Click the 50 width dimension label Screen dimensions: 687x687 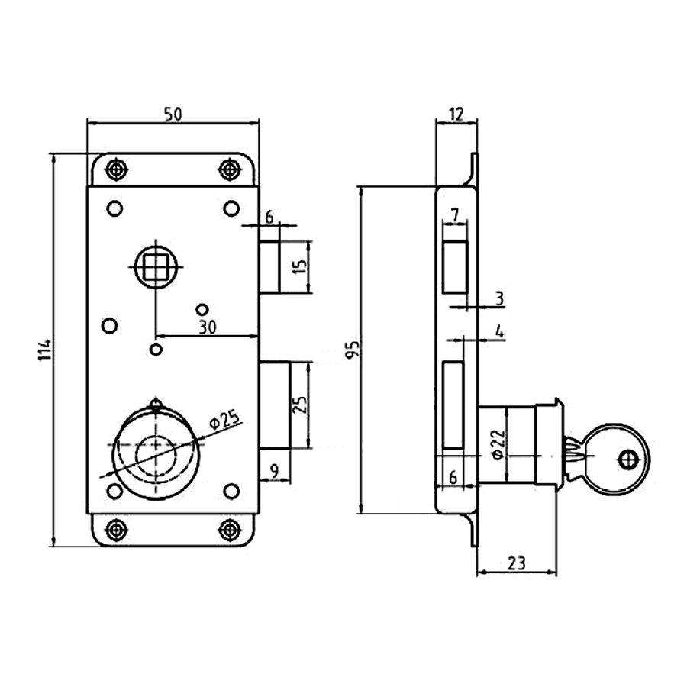click(173, 114)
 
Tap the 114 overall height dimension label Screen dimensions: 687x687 click(46, 350)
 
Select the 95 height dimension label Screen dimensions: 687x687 click(353, 349)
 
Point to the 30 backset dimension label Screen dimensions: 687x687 click(207, 327)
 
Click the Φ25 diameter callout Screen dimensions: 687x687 click(225, 419)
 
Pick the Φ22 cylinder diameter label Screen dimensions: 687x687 click(499, 444)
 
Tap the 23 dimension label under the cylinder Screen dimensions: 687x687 click(517, 563)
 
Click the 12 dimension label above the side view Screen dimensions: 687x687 click(456, 114)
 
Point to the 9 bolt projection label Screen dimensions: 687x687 click(274, 472)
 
